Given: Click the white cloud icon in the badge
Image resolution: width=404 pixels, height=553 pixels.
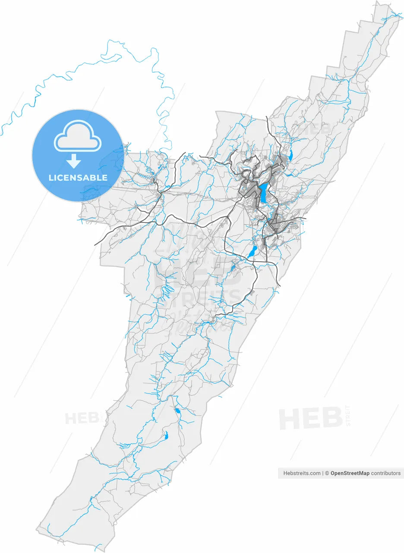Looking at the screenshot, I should coord(78,136).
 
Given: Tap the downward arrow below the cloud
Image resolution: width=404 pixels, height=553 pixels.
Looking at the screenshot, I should coord(74,161).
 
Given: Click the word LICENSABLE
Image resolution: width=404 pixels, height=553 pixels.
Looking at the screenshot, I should coord(78,178).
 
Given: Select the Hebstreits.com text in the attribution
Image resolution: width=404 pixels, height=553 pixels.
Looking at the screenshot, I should coord(302,473).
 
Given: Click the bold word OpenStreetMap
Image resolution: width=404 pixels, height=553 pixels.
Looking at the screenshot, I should coord(350,473).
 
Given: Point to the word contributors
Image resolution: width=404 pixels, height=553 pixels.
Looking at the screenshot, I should coord(386,473).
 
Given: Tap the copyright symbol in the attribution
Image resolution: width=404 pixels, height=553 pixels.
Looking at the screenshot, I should coord(327,473).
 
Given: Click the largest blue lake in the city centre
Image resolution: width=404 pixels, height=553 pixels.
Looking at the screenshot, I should coord(263,193).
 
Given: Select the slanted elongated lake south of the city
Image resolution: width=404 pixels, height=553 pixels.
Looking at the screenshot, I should coord(252,252).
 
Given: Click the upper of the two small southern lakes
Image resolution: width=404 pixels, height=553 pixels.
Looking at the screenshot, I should coord(177,410).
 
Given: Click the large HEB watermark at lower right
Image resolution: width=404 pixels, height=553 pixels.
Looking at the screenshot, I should coord(311,418).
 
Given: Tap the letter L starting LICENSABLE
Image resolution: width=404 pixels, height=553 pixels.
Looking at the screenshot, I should coord(51,178).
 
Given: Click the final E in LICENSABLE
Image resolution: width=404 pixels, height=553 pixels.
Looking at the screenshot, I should coord(105,178).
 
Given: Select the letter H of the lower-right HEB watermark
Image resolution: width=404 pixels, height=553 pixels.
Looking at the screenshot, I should coord(290,418).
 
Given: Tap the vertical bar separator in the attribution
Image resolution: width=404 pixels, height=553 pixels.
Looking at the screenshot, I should coord(323,473).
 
